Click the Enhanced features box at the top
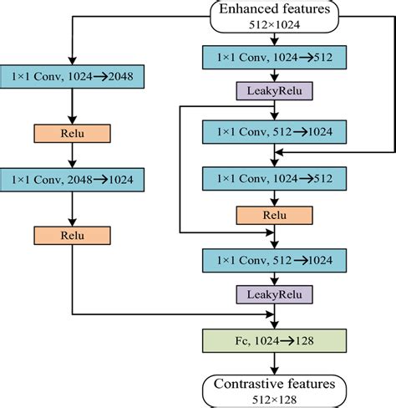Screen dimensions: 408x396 pyautogui.click(x=275, y=15)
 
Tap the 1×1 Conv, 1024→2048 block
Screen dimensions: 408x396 pyautogui.click(x=73, y=77)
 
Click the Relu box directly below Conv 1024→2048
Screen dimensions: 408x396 pyautogui.click(x=73, y=132)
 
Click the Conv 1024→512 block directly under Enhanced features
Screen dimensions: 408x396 pyautogui.click(x=275, y=57)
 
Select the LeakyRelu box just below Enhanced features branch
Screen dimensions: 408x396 pyautogui.click(x=275, y=89)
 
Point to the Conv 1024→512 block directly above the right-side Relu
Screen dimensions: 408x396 pyautogui.click(x=275, y=177)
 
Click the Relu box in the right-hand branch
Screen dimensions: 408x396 pyautogui.click(x=275, y=215)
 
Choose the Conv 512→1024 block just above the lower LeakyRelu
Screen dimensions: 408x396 pyautogui.click(x=275, y=260)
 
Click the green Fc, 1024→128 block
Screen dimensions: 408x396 pyautogui.click(x=275, y=340)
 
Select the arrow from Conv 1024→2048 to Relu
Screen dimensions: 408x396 pyautogui.click(x=73, y=106)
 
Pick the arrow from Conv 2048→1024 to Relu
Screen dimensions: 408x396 pyautogui.click(x=73, y=210)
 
